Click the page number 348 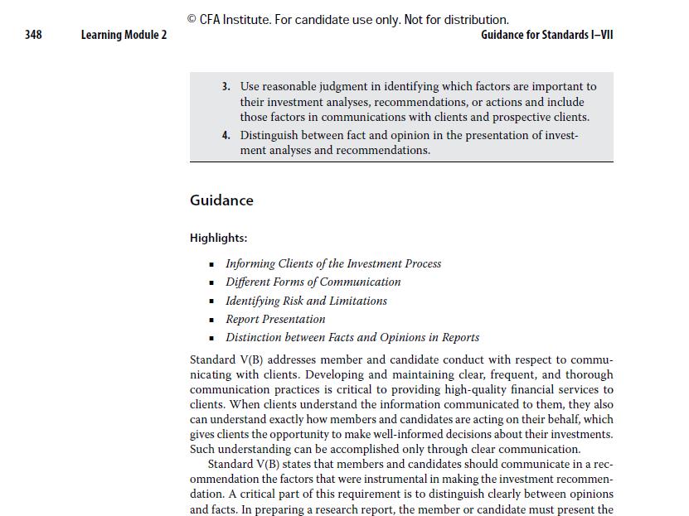pos(33,35)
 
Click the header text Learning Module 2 pos(124,35)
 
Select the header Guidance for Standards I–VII pos(546,35)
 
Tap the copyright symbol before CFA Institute pos(192,20)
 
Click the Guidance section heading pos(221,200)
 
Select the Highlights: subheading pos(218,238)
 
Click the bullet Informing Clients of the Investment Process pos(333,263)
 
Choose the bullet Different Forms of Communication pos(313,282)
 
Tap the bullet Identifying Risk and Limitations pos(306,301)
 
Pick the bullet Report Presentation pos(275,319)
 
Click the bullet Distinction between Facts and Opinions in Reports pos(352,337)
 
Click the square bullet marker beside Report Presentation pos(213,320)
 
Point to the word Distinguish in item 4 pos(269,135)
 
